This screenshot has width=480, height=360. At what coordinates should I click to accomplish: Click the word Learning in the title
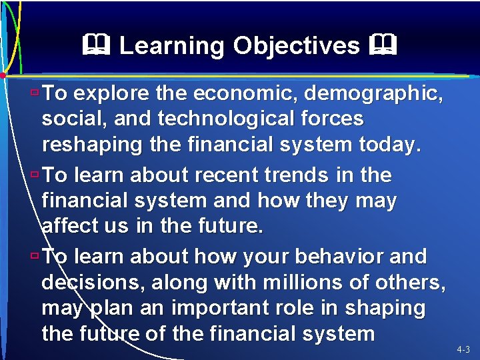click(172, 46)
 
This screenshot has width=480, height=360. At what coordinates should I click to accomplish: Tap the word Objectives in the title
click(297, 46)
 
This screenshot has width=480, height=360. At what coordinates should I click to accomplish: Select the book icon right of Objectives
click(385, 46)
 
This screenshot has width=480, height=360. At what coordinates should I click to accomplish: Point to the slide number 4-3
click(463, 349)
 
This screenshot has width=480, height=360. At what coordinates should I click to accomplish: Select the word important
click(220, 308)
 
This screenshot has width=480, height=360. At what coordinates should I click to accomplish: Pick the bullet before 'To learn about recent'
click(36, 175)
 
